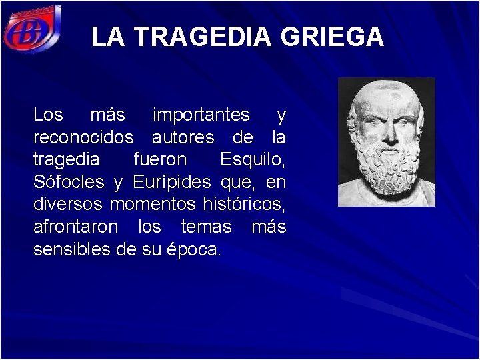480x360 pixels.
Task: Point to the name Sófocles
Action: pos(69,182)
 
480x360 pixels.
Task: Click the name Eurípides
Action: pos(171,182)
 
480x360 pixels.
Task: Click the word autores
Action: pos(183,138)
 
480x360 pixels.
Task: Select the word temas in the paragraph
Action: pos(206,227)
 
